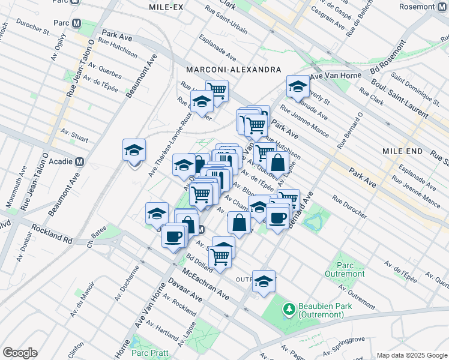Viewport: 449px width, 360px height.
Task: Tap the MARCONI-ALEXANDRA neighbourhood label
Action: point(234,70)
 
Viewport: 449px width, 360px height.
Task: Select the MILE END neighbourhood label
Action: point(403,152)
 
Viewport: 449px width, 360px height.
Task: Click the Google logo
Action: point(20,352)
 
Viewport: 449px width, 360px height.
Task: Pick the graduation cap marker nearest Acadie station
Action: point(134,151)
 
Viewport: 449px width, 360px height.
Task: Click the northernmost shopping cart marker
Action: point(217,91)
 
